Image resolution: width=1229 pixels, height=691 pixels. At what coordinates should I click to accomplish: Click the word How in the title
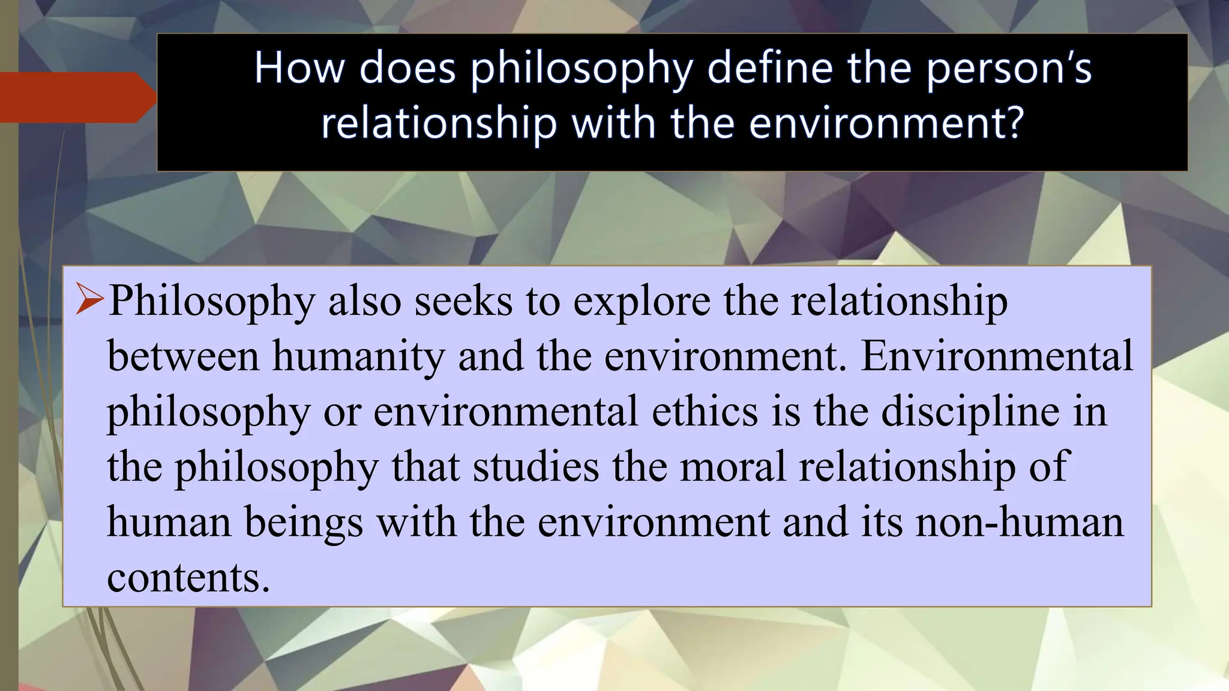299,67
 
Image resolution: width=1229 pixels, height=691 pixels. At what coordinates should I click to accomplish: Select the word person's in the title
1009,68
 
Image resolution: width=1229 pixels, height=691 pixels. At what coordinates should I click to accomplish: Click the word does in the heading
407,67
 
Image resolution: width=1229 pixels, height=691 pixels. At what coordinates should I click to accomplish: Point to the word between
183,355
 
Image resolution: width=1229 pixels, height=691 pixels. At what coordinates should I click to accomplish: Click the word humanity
358,356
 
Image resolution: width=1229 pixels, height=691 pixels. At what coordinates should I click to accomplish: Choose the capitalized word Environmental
997,355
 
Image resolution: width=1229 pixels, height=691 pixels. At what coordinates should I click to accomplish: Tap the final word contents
188,577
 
